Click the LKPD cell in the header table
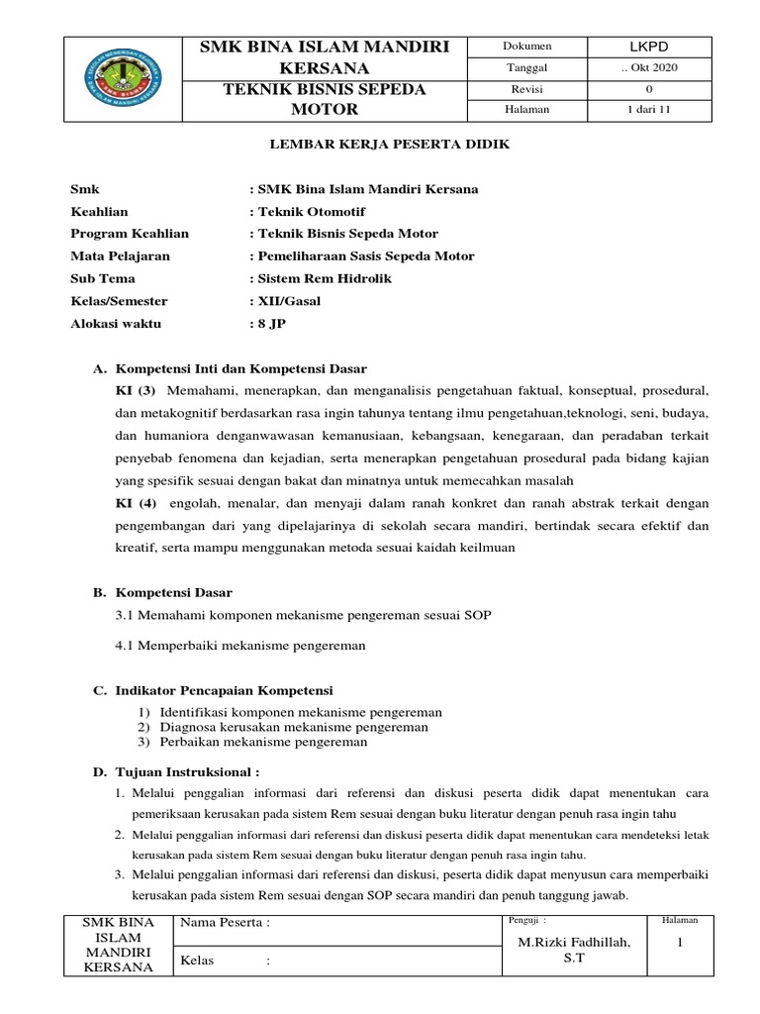(x=648, y=47)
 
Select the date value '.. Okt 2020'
(x=648, y=67)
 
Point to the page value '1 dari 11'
(x=648, y=110)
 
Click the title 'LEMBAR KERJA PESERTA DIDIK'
(x=390, y=145)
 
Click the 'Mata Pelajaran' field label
(x=120, y=255)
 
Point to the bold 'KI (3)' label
(x=137, y=389)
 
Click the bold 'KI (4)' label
(x=137, y=503)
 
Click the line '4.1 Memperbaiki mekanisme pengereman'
(x=240, y=646)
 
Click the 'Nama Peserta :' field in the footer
(x=224, y=923)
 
